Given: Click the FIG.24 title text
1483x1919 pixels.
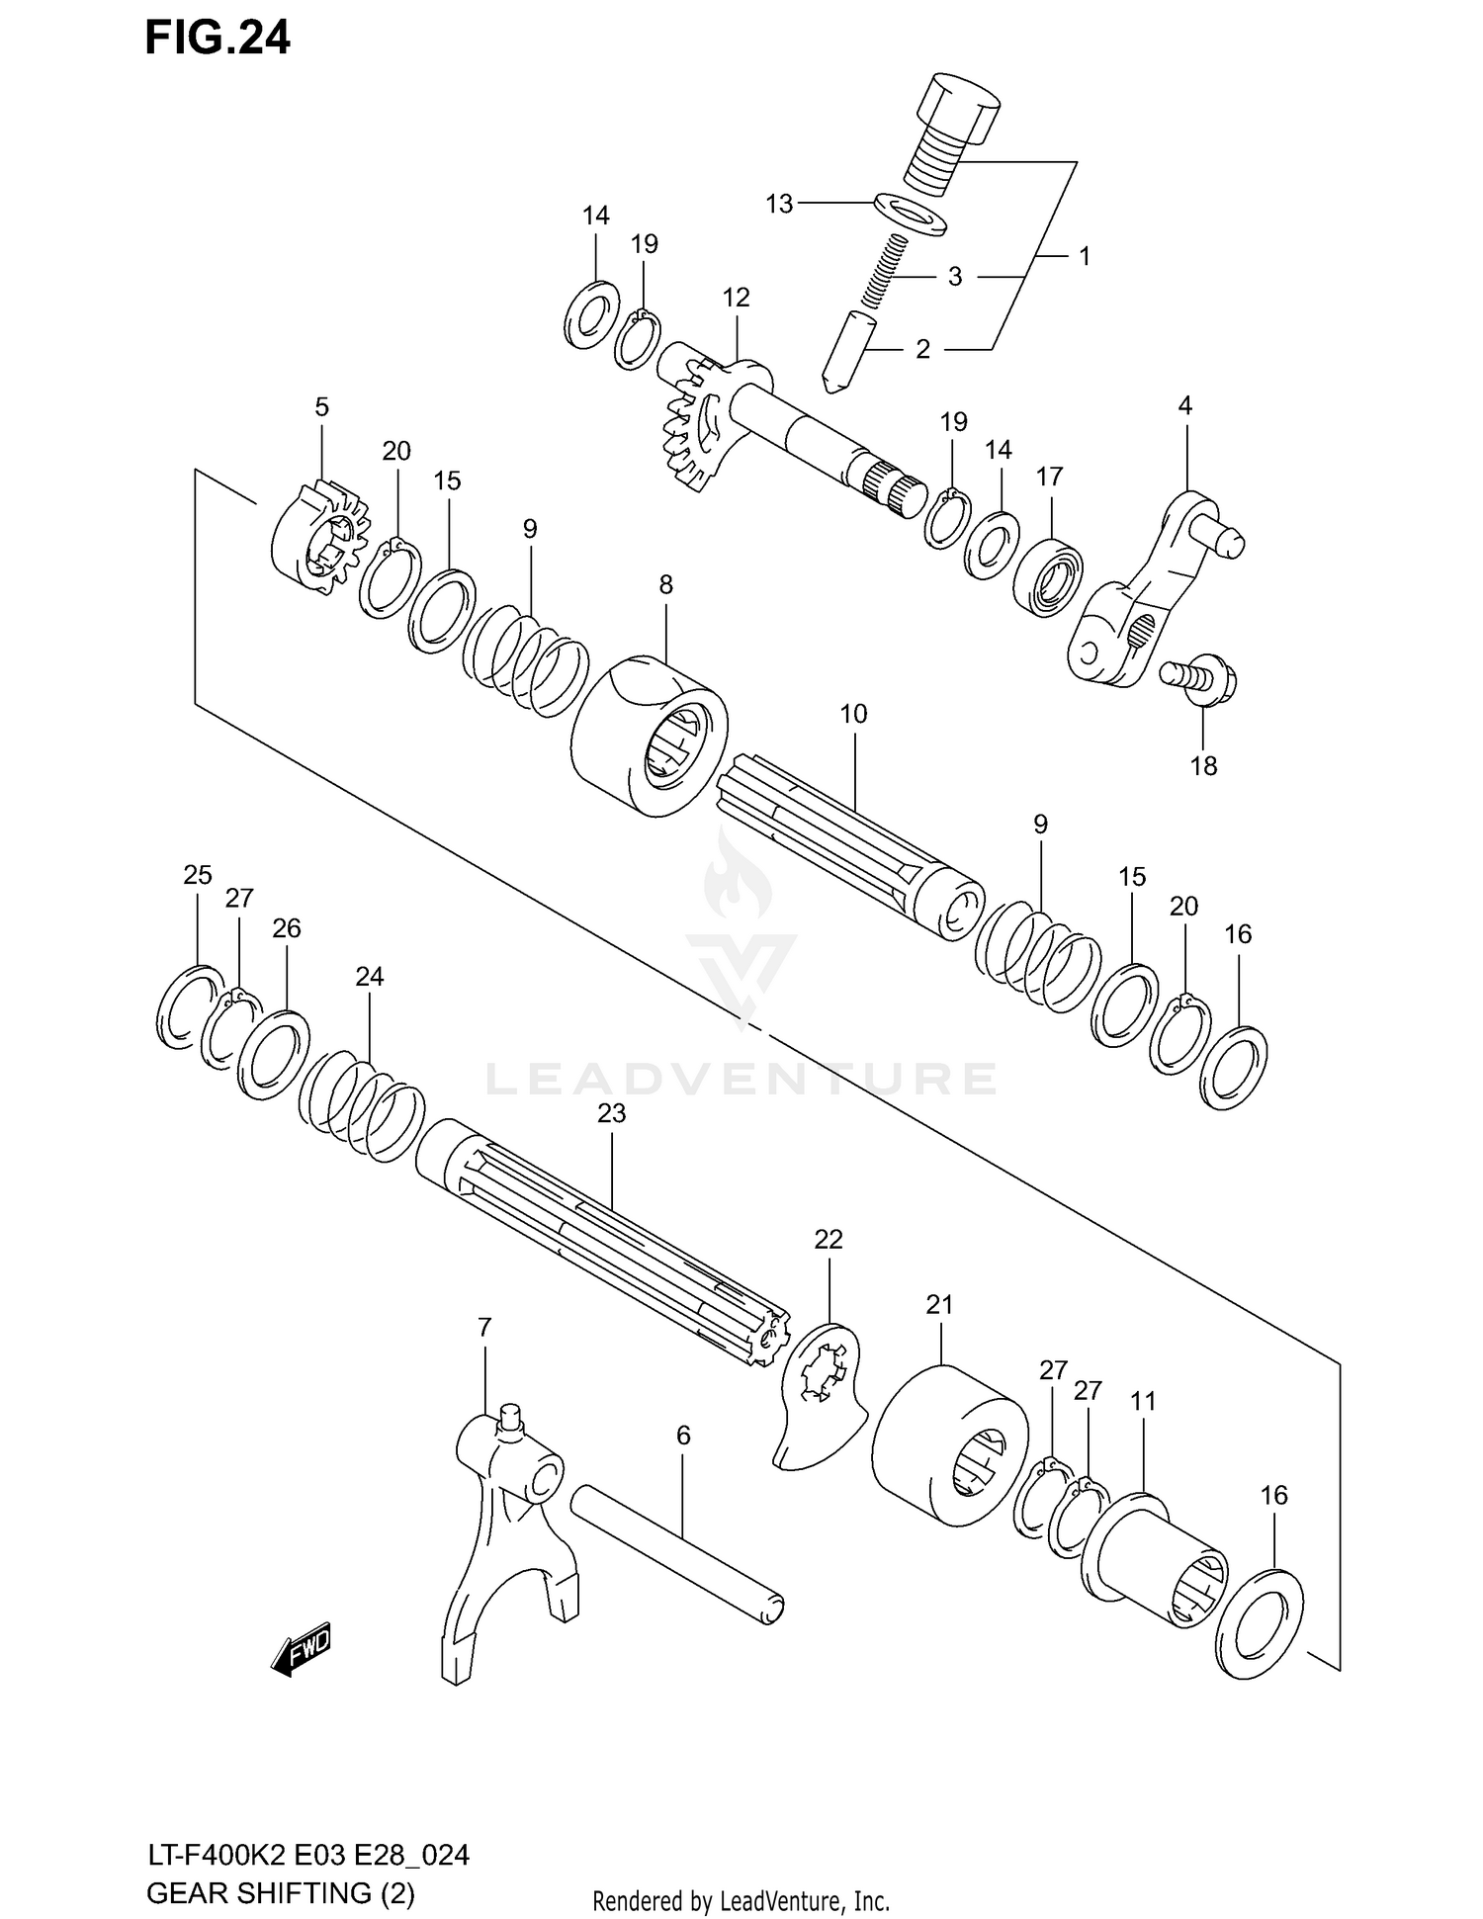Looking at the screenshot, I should (x=218, y=39).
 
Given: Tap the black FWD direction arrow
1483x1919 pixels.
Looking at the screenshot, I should (x=301, y=1649).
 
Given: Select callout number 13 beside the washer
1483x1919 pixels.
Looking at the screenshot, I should (x=779, y=204).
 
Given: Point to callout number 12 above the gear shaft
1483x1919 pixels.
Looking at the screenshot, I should (x=736, y=298).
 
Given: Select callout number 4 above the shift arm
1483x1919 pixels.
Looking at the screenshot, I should (x=1184, y=404).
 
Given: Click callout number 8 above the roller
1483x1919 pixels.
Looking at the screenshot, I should (x=665, y=585).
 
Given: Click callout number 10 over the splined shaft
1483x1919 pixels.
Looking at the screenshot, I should (x=853, y=713).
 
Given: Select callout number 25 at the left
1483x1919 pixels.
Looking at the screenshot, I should (x=198, y=875).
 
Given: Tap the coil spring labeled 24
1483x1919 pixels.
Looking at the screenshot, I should (x=362, y=1098).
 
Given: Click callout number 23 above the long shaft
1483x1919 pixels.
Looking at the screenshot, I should (x=612, y=1113).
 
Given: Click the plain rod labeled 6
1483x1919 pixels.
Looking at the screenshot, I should (x=676, y=1552).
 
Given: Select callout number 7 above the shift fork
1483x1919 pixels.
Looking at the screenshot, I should (x=483, y=1328).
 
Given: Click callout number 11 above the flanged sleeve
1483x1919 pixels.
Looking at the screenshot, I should (x=1143, y=1401).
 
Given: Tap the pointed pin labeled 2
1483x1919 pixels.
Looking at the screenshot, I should (x=846, y=350).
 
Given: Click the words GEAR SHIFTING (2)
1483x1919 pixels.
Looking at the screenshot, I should (x=281, y=1893).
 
